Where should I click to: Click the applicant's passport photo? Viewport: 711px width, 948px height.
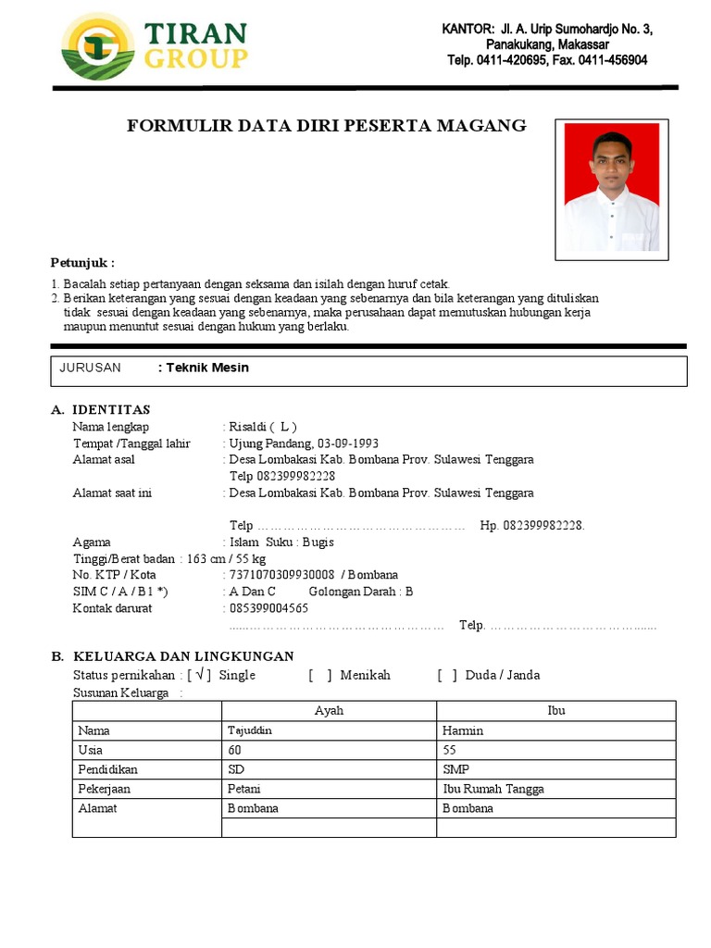tap(612, 189)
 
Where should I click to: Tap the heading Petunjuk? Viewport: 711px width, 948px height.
tap(82, 263)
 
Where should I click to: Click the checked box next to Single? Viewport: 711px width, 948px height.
tap(200, 675)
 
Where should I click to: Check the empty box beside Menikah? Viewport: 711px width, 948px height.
tap(320, 675)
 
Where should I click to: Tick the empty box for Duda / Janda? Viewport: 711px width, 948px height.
tap(448, 675)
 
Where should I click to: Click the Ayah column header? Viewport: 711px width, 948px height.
tap(329, 711)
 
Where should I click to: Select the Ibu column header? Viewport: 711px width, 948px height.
tap(555, 711)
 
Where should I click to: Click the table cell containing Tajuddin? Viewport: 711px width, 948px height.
tap(329, 730)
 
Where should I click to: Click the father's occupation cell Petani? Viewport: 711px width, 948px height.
tap(329, 789)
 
